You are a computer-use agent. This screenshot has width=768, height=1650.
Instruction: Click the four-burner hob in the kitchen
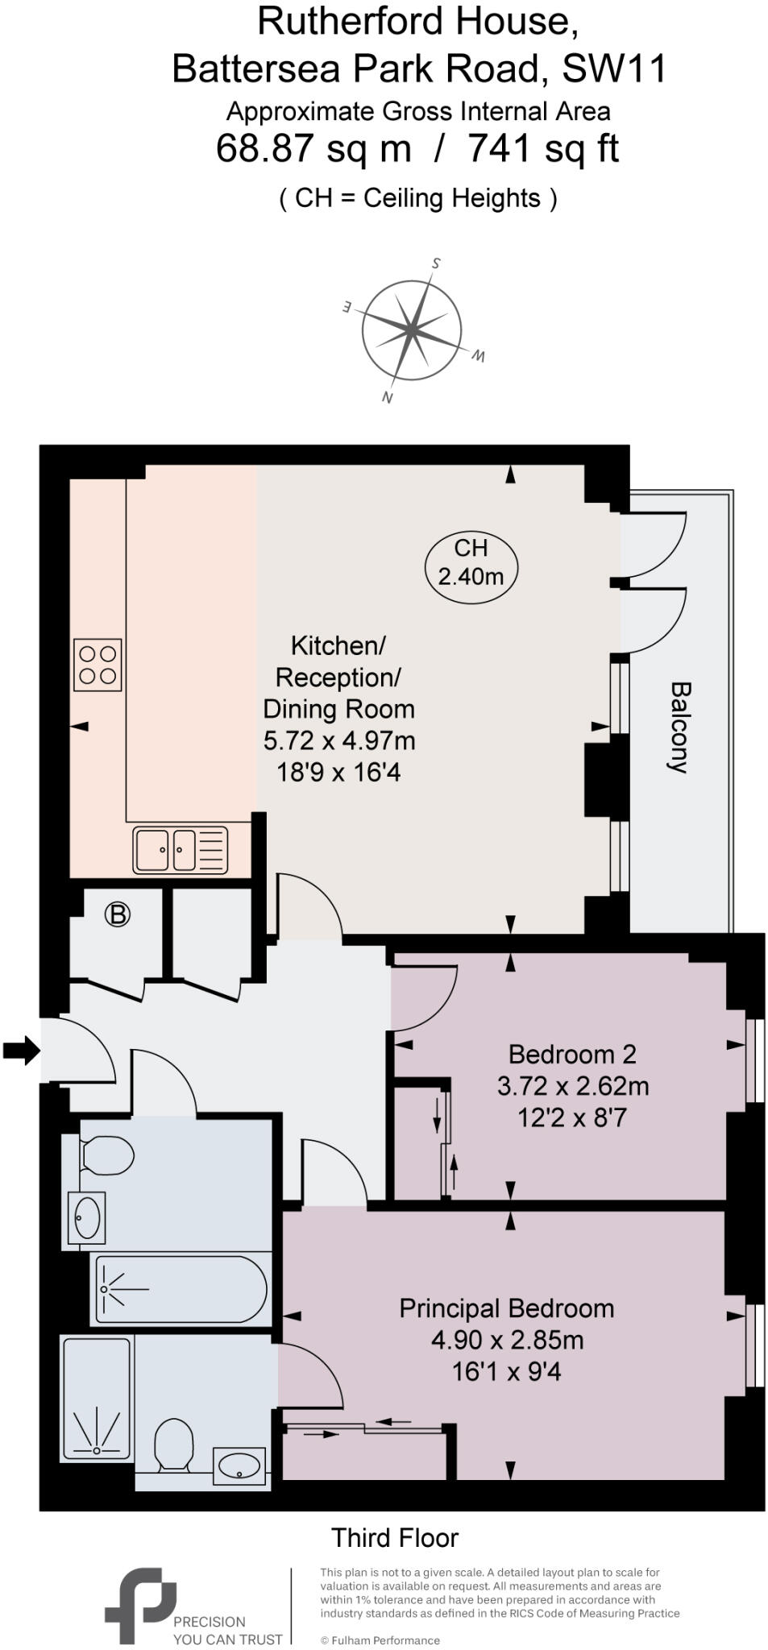pyautogui.click(x=98, y=665)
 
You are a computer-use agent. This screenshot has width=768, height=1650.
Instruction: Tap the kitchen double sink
pyautogui.click(x=180, y=850)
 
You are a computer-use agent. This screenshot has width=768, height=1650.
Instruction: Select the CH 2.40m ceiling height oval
pyautogui.click(x=471, y=562)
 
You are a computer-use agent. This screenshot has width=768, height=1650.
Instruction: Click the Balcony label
pyautogui.click(x=680, y=727)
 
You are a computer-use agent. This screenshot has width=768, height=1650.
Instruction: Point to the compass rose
pyautogui.click(x=412, y=330)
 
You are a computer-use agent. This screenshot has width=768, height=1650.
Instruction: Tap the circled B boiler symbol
pyautogui.click(x=118, y=914)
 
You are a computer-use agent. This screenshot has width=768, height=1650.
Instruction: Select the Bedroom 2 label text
pyautogui.click(x=572, y=1054)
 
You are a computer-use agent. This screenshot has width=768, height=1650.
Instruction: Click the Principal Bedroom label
pyautogui.click(x=506, y=1308)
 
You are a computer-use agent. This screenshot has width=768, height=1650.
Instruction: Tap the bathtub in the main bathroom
pyautogui.click(x=181, y=1289)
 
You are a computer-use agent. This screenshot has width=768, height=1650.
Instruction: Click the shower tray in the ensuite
pyautogui.click(x=96, y=1398)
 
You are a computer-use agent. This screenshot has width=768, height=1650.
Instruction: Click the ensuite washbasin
pyautogui.click(x=239, y=1465)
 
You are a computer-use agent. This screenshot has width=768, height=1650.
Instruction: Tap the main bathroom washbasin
pyautogui.click(x=86, y=1217)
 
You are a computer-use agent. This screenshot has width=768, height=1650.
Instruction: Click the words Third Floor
pyautogui.click(x=395, y=1537)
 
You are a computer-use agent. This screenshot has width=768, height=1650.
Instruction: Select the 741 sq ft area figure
pyautogui.click(x=543, y=148)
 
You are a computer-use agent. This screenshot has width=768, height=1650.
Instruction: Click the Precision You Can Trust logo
pyautogui.click(x=193, y=1607)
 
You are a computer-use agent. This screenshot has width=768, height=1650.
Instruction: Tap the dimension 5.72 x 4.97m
pyautogui.click(x=339, y=740)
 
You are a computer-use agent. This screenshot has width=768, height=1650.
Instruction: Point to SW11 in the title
pyautogui.click(x=614, y=68)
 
